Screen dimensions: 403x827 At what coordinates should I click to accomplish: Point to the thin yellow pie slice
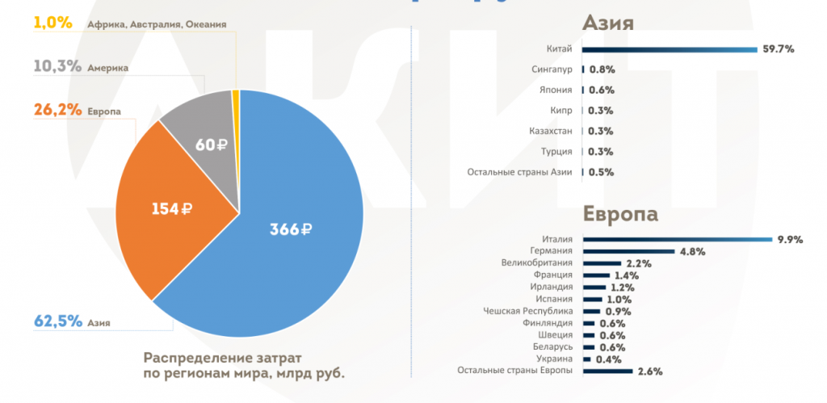tap(236, 97)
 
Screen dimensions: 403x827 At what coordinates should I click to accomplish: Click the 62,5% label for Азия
tap(58, 321)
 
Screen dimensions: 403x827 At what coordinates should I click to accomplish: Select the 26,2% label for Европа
tap(57, 110)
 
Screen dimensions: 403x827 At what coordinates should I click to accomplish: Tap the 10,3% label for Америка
tap(57, 67)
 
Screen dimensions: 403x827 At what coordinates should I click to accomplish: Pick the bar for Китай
tap(671, 49)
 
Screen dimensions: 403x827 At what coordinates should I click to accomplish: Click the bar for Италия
tap(678, 239)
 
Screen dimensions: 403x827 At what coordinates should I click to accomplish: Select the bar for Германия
tap(628, 251)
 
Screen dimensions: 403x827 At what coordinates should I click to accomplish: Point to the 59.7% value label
tap(779, 49)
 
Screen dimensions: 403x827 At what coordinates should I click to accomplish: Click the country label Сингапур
tap(552, 69)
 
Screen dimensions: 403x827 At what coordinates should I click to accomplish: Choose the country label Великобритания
tap(537, 262)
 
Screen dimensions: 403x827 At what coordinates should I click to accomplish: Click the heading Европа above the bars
tap(621, 215)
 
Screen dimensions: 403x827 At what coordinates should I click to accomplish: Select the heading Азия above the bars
tap(607, 23)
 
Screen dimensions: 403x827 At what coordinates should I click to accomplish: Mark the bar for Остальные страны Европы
tap(607, 371)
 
